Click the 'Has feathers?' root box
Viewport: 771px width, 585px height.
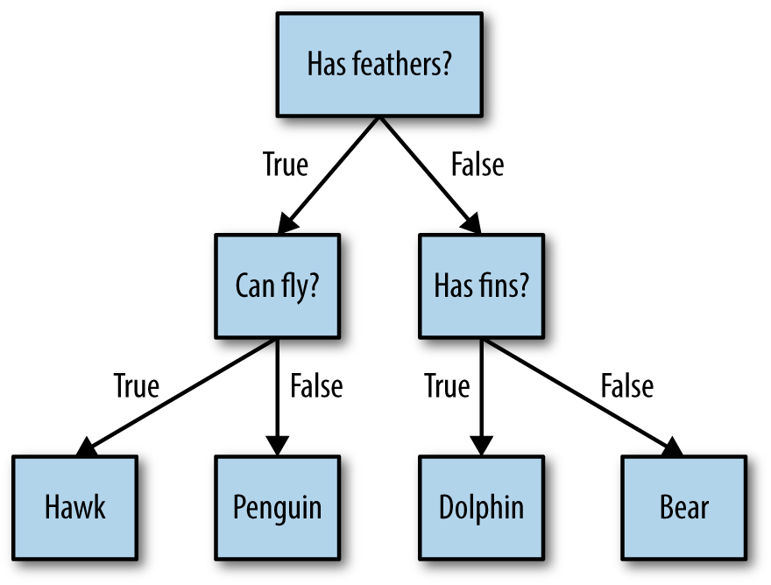click(x=378, y=64)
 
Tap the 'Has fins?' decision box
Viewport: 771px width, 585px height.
click(x=480, y=285)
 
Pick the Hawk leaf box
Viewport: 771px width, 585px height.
click(x=74, y=507)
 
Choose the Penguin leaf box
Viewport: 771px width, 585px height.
click(x=277, y=507)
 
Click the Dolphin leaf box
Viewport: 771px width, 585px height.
click(x=480, y=507)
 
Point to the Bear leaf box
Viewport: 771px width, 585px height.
click(x=683, y=507)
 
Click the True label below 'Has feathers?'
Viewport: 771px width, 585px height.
click(x=286, y=164)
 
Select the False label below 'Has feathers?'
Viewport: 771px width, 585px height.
click(x=477, y=164)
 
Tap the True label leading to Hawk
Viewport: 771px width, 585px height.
click(x=137, y=385)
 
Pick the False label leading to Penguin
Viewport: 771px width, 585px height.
click(x=315, y=385)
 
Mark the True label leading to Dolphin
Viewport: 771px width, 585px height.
click(x=447, y=385)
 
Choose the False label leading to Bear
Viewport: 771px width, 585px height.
click(x=626, y=385)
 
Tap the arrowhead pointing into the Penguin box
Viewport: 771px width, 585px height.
click(x=277, y=447)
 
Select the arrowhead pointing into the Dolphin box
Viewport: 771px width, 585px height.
click(x=480, y=447)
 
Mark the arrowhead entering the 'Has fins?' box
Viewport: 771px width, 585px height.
click(x=472, y=224)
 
